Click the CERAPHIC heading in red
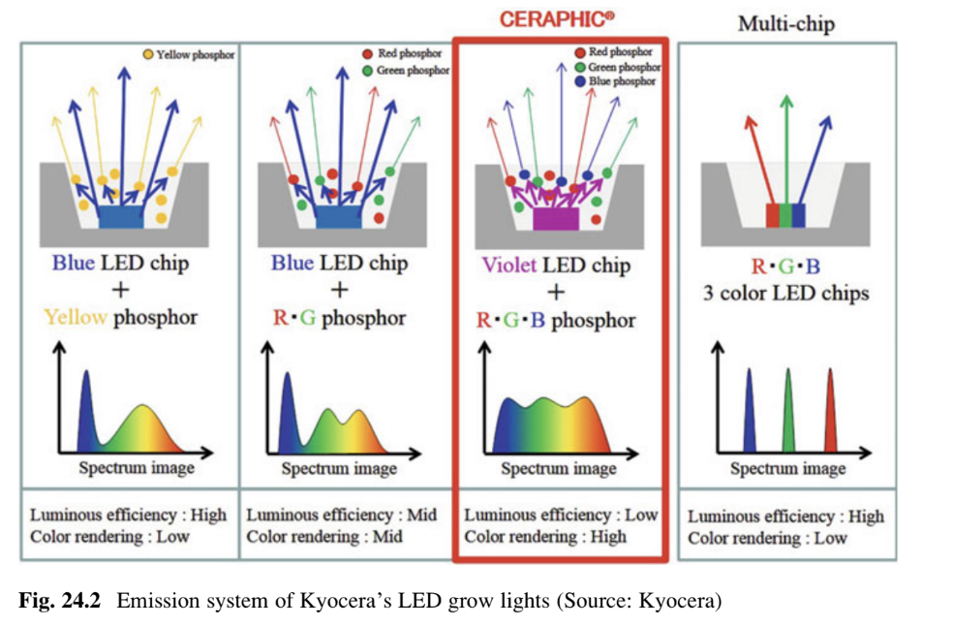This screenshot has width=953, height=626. click(557, 18)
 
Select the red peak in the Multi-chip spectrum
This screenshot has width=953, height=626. click(829, 412)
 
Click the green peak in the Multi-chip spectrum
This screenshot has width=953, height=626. click(788, 412)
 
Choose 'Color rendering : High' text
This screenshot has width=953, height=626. click(545, 537)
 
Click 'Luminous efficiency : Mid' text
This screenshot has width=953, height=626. click(342, 516)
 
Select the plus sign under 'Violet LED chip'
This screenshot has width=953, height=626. click(556, 292)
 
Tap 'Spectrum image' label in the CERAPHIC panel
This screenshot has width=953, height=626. click(558, 469)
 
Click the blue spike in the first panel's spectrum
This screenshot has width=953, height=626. click(85, 412)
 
